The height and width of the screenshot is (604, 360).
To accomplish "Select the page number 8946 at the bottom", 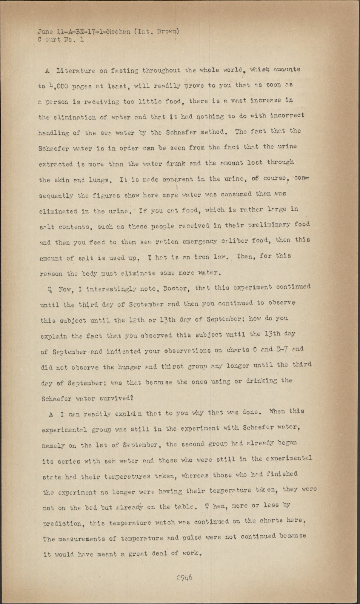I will tap(185, 578).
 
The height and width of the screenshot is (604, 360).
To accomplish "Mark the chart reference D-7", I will tap(281, 350).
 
